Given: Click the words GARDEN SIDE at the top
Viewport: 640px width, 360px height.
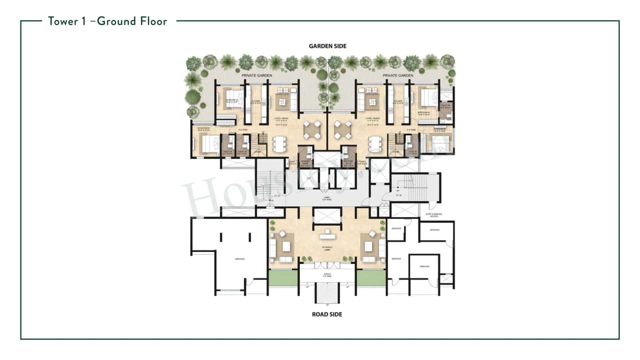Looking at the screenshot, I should [x=327, y=46].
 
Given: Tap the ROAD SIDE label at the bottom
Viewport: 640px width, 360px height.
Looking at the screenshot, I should [x=327, y=314].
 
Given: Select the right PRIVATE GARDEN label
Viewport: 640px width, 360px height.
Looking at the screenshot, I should [x=398, y=75].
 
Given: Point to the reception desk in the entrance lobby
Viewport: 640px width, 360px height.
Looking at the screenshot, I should [x=327, y=231].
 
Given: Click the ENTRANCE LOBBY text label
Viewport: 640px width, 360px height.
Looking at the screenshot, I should [x=327, y=248].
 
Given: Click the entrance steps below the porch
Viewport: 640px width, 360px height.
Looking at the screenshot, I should [x=327, y=292].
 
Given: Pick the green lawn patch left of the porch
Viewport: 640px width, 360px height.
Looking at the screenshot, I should [x=283, y=277].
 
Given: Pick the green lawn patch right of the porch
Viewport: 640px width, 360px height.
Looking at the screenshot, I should [x=371, y=277].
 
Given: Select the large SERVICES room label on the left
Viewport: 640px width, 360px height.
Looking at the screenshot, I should [x=239, y=258].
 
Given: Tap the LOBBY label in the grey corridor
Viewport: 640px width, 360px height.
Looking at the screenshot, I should [x=327, y=198].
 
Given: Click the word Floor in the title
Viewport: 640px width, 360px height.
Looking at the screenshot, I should [x=150, y=21].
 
